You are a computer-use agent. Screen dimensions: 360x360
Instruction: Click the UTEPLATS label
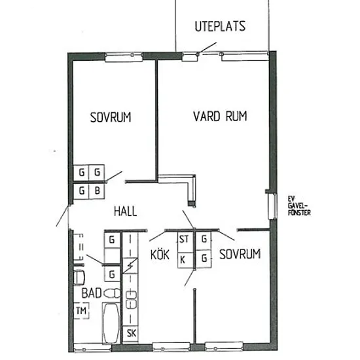coord(220,26)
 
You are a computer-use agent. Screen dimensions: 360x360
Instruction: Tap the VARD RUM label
coord(220,116)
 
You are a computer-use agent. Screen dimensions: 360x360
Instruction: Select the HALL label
coord(126,211)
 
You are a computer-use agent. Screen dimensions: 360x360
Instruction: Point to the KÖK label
coord(160,254)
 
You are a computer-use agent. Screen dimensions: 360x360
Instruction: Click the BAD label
coord(92,293)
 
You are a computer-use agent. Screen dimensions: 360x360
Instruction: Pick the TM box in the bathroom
coord(81,311)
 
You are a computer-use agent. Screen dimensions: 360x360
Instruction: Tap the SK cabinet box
coord(131,333)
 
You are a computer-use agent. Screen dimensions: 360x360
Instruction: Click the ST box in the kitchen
coord(185,239)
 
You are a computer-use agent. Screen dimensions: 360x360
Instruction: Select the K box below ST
coord(185,261)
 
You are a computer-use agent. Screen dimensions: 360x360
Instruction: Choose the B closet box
coord(97,190)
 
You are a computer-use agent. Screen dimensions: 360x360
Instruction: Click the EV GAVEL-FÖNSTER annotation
coord(299,206)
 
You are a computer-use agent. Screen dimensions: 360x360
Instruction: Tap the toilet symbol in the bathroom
coord(112,293)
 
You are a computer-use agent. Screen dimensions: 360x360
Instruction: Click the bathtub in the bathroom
coord(111,323)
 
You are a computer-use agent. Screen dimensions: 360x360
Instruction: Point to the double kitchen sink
coord(131,300)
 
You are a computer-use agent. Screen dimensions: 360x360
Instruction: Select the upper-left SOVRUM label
coord(111,117)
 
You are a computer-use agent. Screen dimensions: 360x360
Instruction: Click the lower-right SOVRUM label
coord(240,254)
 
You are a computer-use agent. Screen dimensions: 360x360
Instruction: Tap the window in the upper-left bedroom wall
coord(124,57)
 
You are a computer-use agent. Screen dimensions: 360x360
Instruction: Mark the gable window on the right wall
coord(272,206)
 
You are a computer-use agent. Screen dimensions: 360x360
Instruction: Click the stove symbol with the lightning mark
coord(130,266)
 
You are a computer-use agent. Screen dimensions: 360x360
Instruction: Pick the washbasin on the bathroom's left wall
coord(79,278)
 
